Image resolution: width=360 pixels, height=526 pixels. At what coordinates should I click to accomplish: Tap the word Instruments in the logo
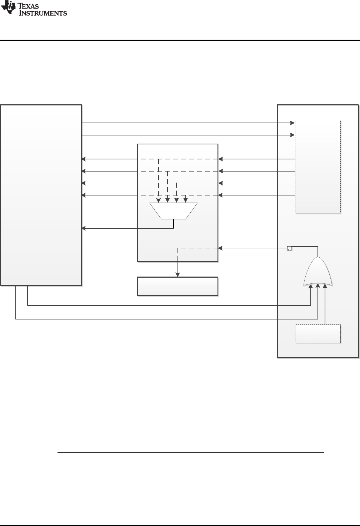click(43, 13)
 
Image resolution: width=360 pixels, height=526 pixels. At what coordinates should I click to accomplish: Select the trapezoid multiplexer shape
click(173, 211)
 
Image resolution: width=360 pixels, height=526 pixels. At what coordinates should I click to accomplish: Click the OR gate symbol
click(318, 272)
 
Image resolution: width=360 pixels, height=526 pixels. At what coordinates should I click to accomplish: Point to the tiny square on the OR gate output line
click(290, 248)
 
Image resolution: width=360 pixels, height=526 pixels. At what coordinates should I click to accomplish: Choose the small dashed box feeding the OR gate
click(317, 333)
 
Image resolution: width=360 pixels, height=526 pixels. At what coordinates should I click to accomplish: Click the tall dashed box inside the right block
click(317, 167)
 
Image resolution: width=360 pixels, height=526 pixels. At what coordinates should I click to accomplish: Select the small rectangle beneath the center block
click(177, 286)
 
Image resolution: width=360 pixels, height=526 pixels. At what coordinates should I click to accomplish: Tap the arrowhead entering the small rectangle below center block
click(177, 275)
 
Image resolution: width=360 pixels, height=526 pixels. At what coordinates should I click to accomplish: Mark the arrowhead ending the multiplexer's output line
click(84, 228)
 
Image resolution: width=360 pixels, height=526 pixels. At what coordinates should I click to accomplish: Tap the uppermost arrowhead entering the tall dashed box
click(292, 123)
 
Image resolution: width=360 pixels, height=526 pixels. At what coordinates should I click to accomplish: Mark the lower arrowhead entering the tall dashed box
click(292, 135)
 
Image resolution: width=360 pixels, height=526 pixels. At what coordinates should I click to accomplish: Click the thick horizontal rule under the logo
click(180, 40)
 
